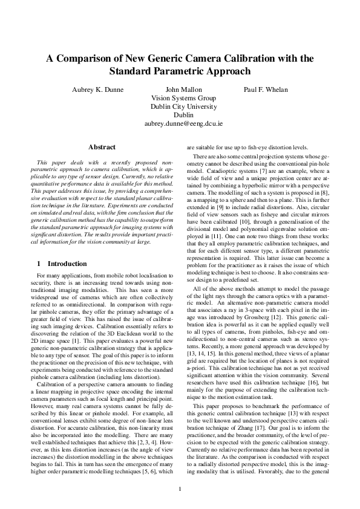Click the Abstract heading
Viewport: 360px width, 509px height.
coord(102,147)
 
